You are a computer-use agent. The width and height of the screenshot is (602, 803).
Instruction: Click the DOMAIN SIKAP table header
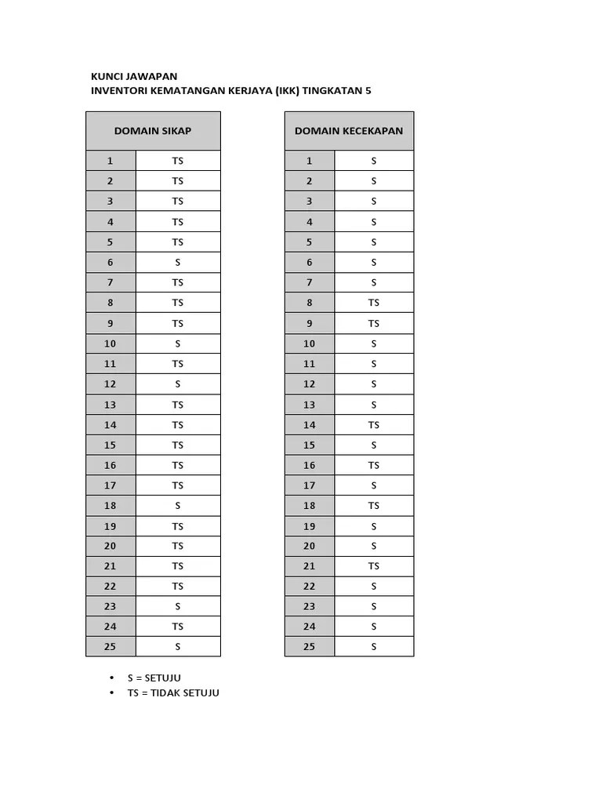point(153,130)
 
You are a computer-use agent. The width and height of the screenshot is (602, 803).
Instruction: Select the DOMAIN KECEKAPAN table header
point(349,130)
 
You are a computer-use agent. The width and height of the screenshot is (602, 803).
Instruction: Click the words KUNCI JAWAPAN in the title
point(134,76)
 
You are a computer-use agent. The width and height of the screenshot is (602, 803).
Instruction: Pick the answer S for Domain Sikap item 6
point(178,262)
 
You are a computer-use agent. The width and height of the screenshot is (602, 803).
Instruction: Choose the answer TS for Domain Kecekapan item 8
point(374,303)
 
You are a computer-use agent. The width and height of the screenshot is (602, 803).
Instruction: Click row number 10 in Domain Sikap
point(111,343)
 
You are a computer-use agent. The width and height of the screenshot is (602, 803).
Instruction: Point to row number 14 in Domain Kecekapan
point(310,425)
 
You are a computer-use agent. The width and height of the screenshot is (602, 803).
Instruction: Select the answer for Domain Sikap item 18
point(178,506)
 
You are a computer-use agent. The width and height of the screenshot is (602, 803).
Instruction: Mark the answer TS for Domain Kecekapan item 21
point(374,566)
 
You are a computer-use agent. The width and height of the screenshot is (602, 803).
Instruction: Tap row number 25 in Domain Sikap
point(111,646)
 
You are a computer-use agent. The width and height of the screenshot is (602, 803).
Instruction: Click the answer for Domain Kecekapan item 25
point(374,646)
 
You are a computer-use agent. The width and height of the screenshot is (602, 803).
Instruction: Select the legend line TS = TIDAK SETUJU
point(173,692)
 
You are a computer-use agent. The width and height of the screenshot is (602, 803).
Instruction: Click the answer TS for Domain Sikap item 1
point(178,161)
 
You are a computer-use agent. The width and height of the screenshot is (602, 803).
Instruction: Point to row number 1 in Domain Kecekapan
point(310,161)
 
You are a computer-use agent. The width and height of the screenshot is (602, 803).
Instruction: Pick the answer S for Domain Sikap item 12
point(178,384)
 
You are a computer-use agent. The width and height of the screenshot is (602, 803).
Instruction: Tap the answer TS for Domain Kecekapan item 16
point(374,465)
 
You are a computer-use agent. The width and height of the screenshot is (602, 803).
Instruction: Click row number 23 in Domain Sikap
point(111,606)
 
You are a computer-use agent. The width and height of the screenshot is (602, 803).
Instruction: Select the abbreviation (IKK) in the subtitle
point(286,90)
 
